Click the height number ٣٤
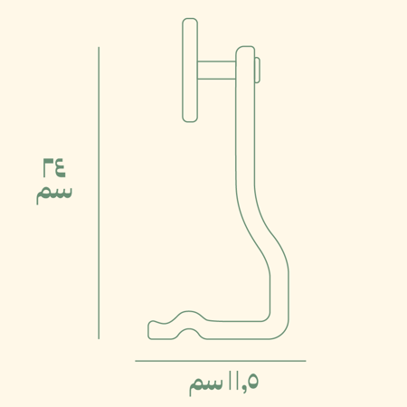tap(53, 167)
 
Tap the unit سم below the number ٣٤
tap(53, 193)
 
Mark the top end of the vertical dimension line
tap(99, 48)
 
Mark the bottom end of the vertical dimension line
tap(99, 338)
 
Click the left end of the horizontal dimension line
tap(137, 361)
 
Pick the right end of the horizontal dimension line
tap(305, 361)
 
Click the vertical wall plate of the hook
tap(190, 70)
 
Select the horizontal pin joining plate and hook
tap(217, 69)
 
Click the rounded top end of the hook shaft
tap(244, 50)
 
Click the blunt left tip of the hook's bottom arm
tap(149, 329)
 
